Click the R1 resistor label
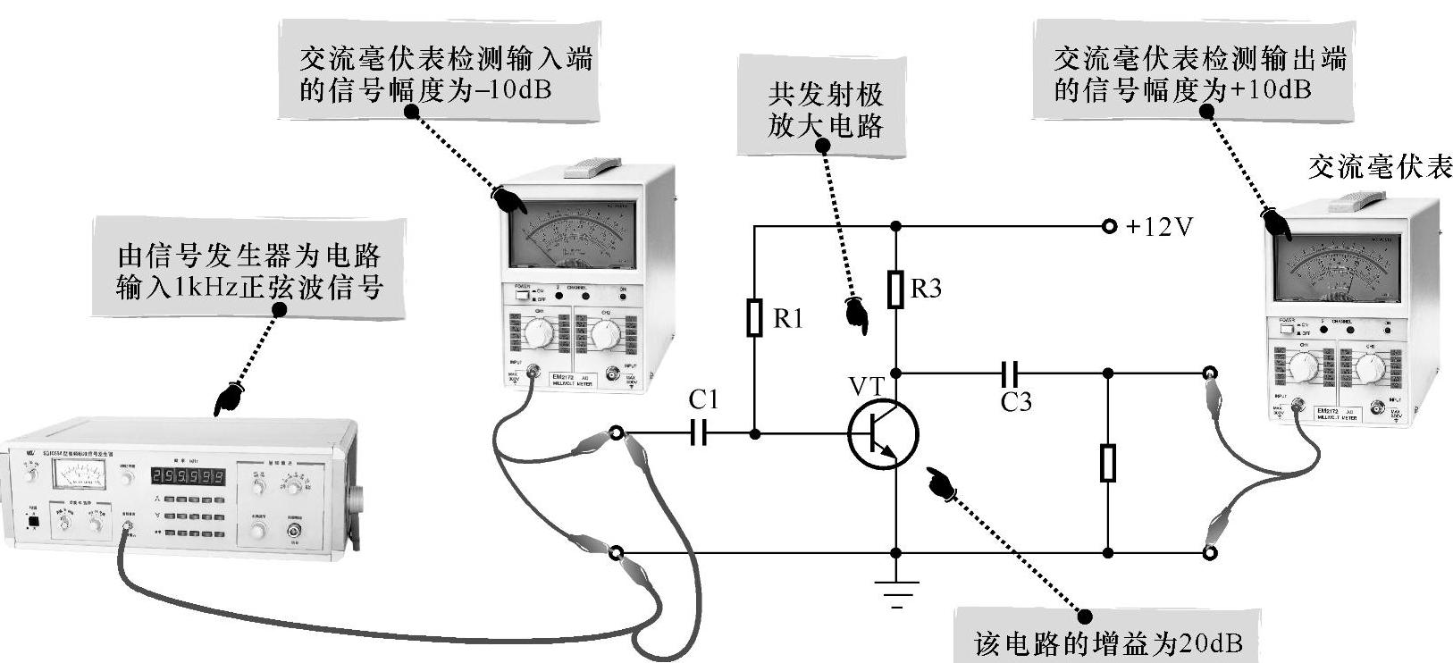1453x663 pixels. point(787,319)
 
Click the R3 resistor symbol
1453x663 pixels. point(895,290)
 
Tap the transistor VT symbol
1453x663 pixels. point(881,435)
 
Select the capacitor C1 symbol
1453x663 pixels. point(700,433)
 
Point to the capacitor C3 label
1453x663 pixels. point(1015,403)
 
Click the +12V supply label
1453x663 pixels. point(1159,227)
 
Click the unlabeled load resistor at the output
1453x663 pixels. point(1108,463)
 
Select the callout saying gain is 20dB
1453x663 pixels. point(1107,642)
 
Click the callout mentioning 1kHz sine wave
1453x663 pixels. point(250,272)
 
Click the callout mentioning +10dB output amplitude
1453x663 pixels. point(1189,74)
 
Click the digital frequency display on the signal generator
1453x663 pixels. point(187,476)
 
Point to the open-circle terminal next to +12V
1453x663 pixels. point(1109,227)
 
